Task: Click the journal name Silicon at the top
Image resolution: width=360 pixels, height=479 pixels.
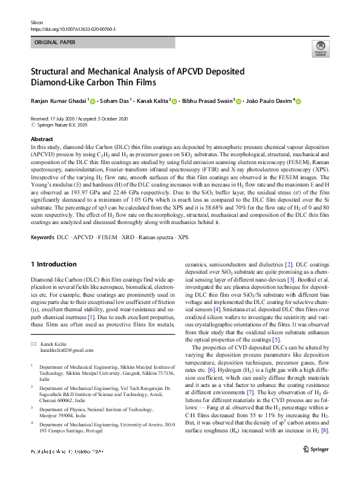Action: pos(38,21)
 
